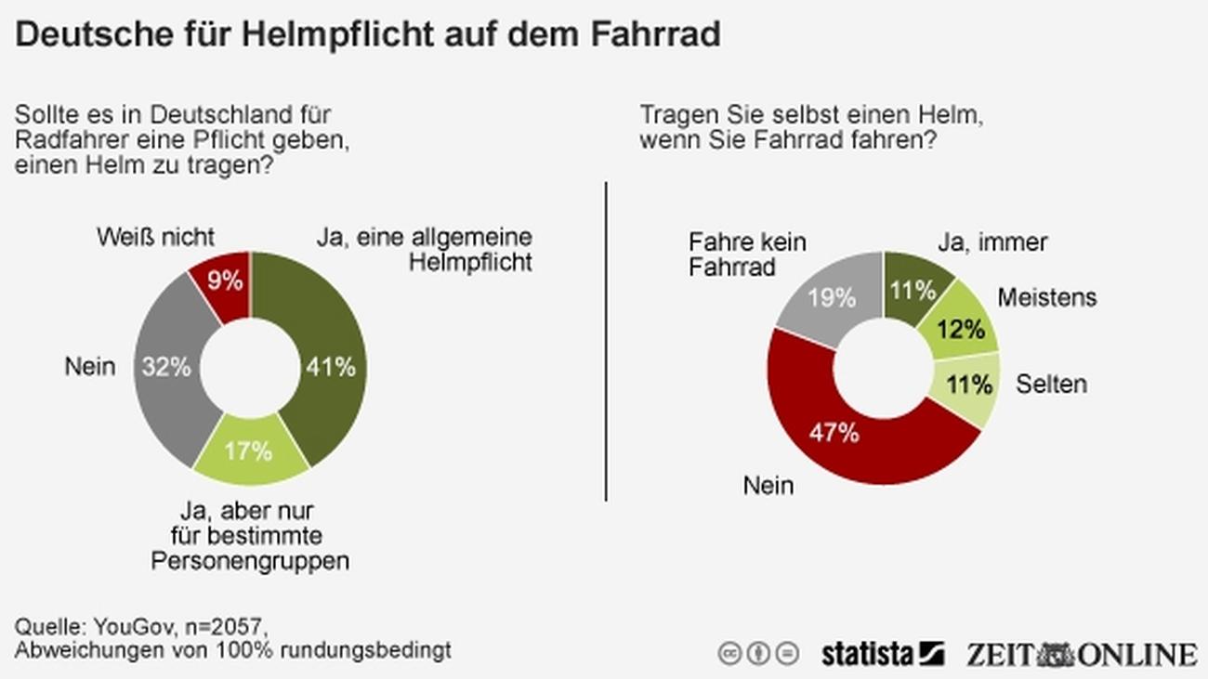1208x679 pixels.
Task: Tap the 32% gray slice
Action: coord(167,367)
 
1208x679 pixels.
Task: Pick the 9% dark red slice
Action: coord(225,281)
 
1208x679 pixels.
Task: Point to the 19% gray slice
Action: coord(832,297)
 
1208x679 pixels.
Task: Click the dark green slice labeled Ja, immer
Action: coord(913,291)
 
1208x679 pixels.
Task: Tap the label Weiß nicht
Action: coord(155,237)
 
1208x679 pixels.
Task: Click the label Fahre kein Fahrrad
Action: coord(747,255)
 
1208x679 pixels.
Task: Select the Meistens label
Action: coord(1046,297)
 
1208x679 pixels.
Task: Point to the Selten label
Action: coord(1051,384)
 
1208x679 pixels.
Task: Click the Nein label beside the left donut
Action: coord(90,367)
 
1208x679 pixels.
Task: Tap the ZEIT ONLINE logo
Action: coord(1081,653)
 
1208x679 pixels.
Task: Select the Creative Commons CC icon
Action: coord(730,653)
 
